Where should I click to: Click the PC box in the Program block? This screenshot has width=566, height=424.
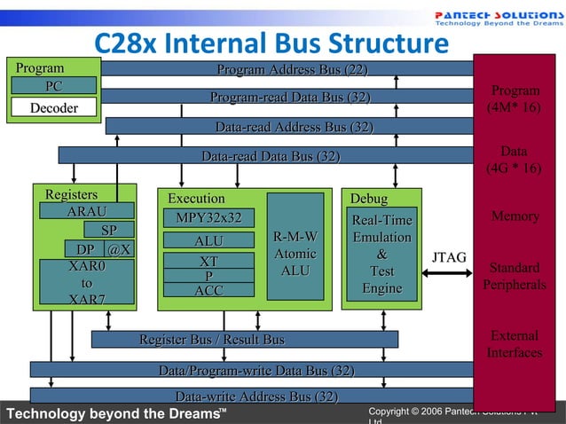click(x=52, y=86)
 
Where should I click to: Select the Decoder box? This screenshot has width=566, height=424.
click(x=53, y=108)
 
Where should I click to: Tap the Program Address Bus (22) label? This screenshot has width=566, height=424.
click(x=292, y=70)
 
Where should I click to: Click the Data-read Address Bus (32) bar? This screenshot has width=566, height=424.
click(x=293, y=127)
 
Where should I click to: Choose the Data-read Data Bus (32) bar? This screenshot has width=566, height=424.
click(x=270, y=157)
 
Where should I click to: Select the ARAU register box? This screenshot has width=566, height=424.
click(x=85, y=211)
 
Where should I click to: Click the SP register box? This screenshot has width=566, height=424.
click(x=109, y=231)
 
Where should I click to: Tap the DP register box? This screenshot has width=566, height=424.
click(x=85, y=250)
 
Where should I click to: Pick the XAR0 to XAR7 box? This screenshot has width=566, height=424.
click(x=86, y=282)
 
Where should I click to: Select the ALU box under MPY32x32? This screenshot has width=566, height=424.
click(x=208, y=240)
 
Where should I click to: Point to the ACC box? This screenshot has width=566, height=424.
click(x=208, y=290)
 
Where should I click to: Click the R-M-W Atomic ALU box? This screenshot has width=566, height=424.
click(x=295, y=252)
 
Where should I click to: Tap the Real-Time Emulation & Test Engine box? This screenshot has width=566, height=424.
click(x=381, y=254)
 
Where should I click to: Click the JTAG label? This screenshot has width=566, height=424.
click(x=449, y=257)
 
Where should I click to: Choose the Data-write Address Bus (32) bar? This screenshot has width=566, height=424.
click(x=255, y=396)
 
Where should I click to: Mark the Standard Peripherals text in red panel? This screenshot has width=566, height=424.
click(x=515, y=276)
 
